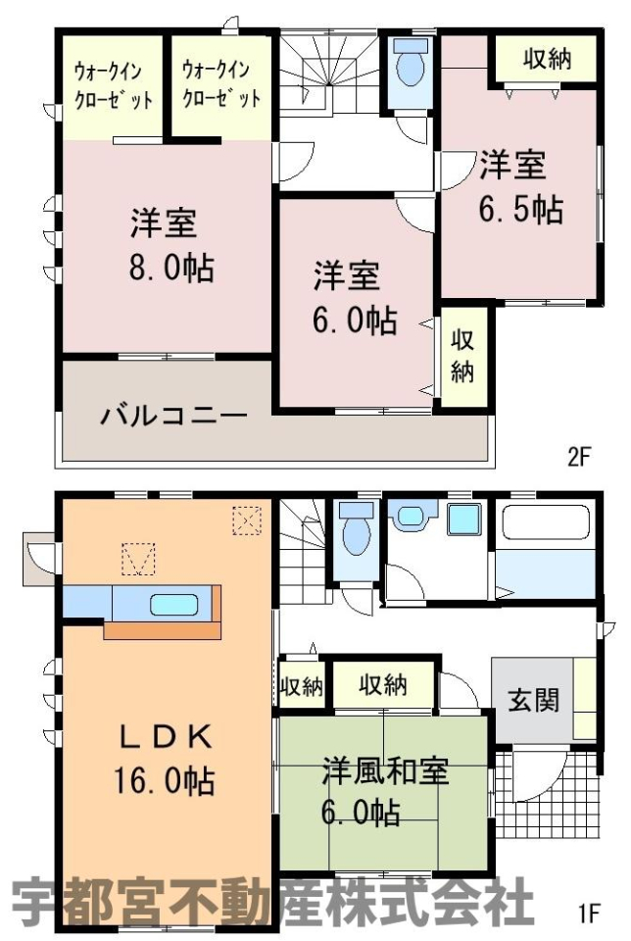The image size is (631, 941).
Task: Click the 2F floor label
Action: tap(579, 458)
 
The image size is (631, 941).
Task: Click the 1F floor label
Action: tap(590, 914)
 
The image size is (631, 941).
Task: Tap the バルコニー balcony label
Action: tap(173, 416)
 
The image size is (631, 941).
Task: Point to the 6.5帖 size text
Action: tap(520, 210)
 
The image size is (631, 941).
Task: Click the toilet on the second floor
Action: tap(412, 63)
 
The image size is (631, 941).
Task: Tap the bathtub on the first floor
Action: tap(546, 522)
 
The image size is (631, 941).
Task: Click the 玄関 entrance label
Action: tap(533, 700)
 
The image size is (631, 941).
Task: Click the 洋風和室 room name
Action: tap(385, 771)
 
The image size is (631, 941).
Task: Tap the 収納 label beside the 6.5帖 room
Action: tap(547, 60)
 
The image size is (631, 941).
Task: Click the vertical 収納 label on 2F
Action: tap(462, 356)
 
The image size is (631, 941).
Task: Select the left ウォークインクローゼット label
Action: tap(114, 85)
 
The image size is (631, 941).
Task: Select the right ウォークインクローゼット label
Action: tap(221, 84)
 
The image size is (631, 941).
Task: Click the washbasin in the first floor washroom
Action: tap(411, 515)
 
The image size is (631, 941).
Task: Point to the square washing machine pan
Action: tap(464, 519)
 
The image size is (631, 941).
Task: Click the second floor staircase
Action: tap(328, 72)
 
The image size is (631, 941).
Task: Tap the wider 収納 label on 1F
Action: tap(383, 685)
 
